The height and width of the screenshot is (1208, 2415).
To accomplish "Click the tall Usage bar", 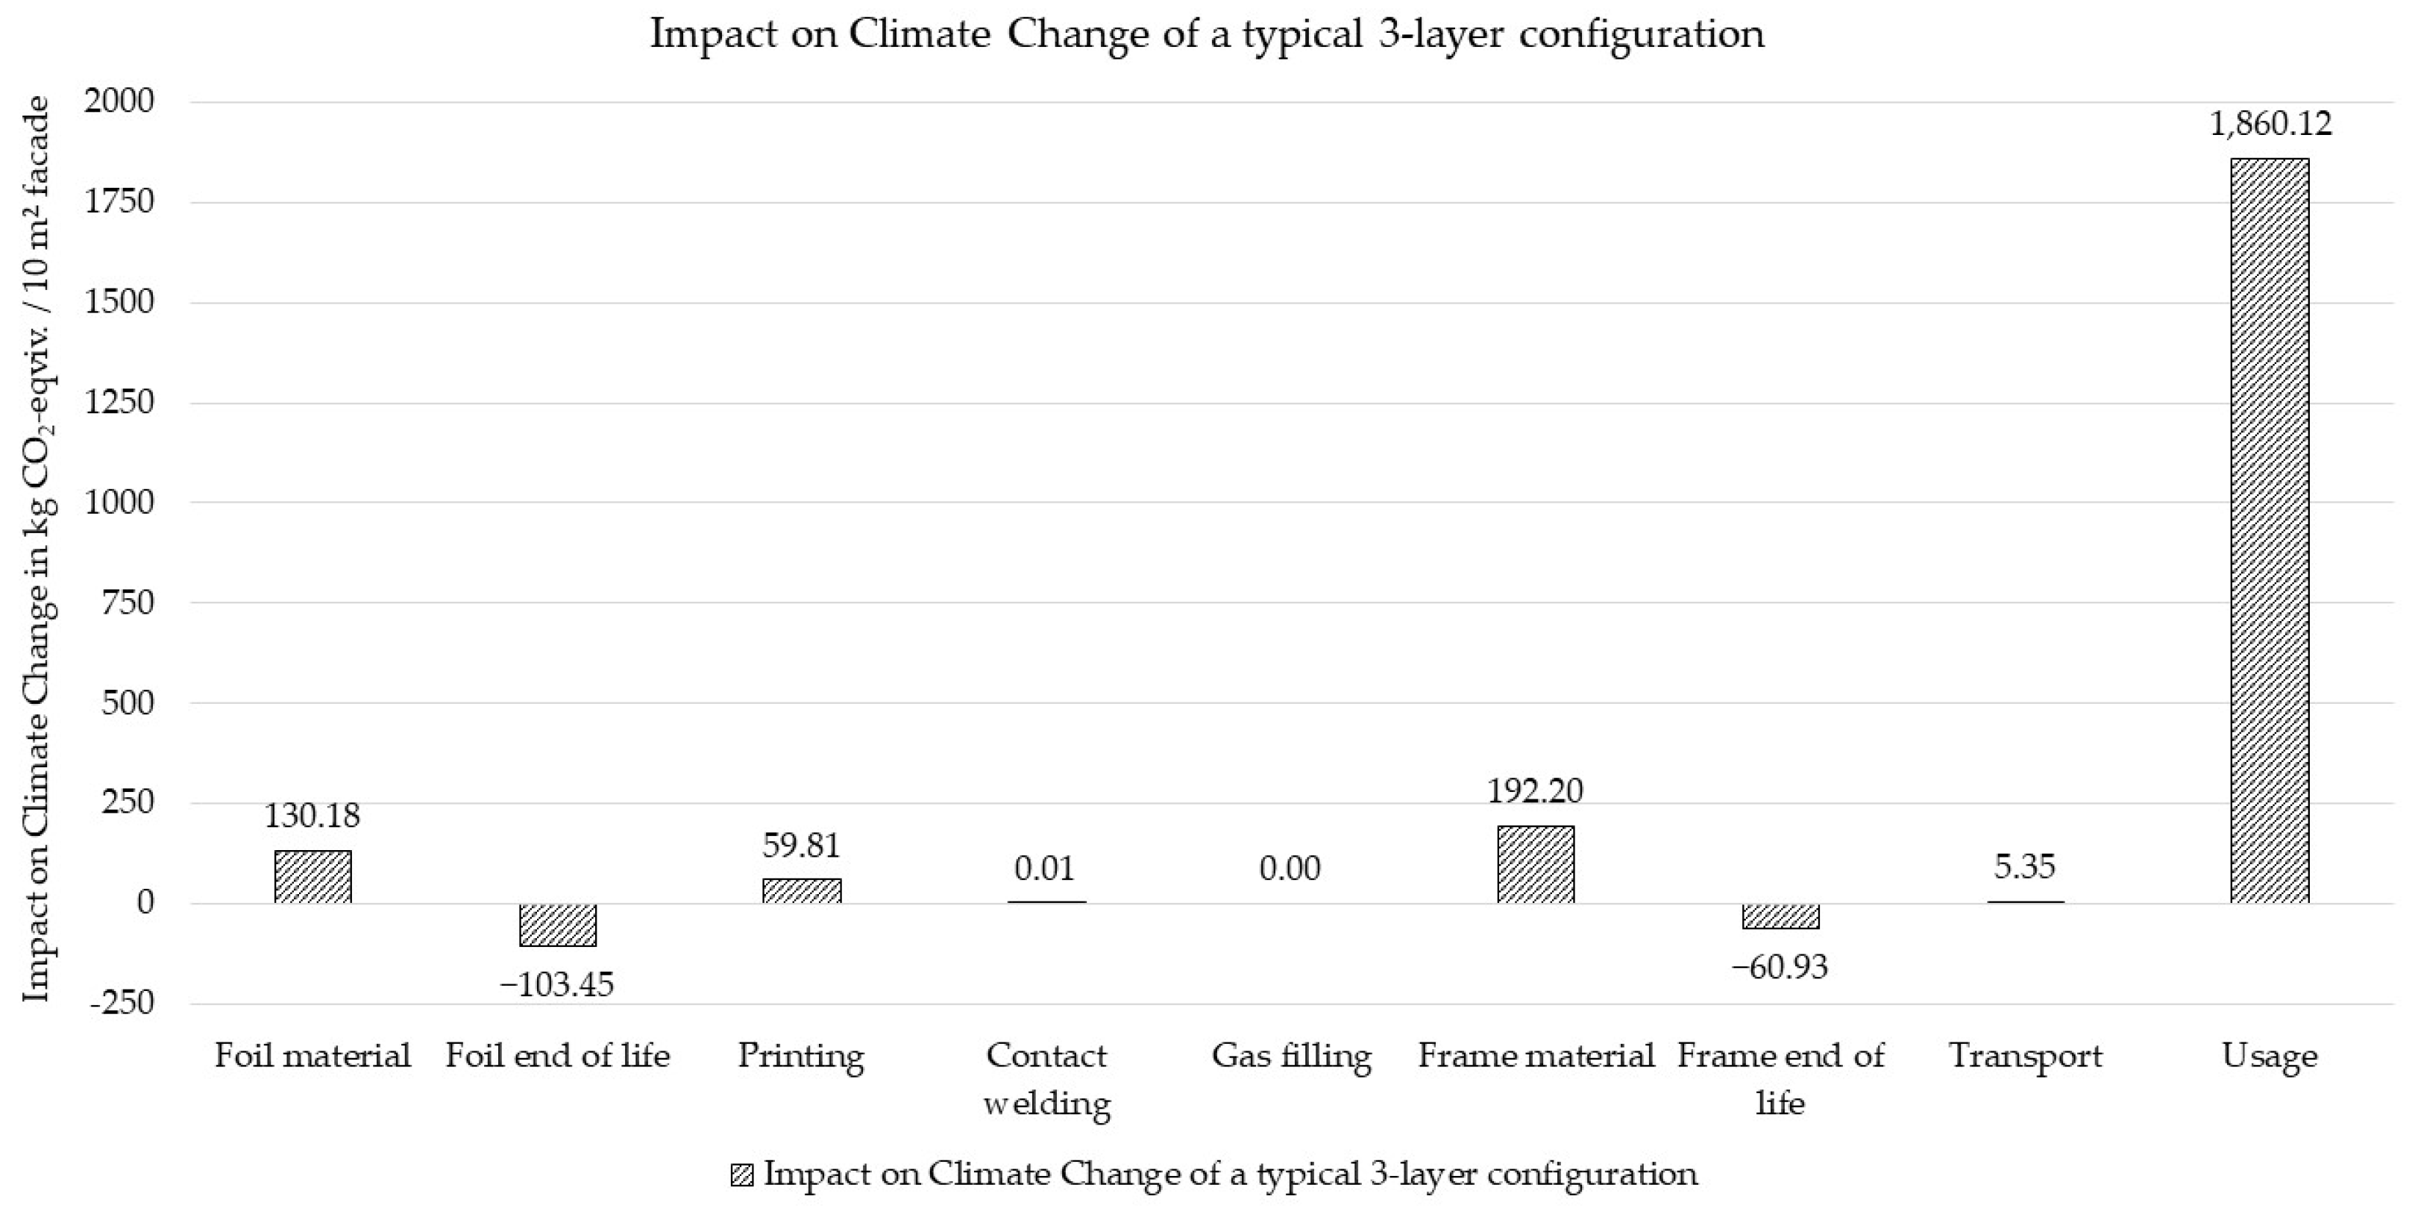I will (x=2269, y=529).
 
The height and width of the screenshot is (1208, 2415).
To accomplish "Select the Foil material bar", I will (x=313, y=876).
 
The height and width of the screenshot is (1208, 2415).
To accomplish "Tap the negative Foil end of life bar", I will (x=558, y=924).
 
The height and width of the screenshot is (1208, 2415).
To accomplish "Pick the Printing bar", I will (x=802, y=890).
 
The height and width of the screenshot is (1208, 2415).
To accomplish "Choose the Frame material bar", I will (x=1536, y=864).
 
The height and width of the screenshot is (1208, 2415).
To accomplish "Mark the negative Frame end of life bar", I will (x=1780, y=916).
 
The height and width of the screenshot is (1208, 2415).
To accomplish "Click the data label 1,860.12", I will (x=2269, y=124).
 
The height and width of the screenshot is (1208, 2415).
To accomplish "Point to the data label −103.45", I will (x=557, y=984).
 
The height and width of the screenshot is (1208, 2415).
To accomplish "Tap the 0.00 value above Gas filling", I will (x=1290, y=869).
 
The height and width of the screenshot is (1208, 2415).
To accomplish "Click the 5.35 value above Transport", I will (x=2025, y=866).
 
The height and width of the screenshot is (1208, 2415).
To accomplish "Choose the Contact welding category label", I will (x=1046, y=1079).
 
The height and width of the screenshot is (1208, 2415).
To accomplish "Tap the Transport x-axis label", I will (x=2025, y=1056).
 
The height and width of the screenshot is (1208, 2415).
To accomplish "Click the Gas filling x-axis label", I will (x=1291, y=1056).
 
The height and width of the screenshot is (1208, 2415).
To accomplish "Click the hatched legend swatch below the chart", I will (x=741, y=1175).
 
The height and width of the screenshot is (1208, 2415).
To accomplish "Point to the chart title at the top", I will (x=1207, y=34).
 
